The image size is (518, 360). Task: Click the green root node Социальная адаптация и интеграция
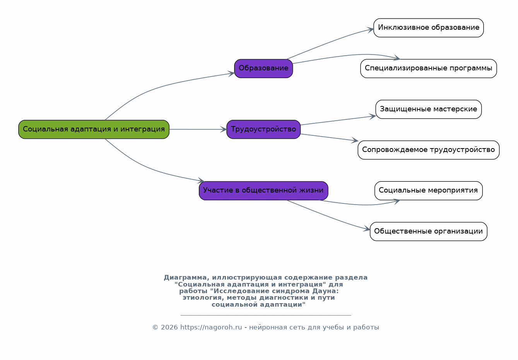pyautogui.click(x=94, y=129)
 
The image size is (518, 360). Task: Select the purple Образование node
pyautogui.click(x=263, y=68)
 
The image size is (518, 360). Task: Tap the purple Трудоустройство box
pyautogui.click(x=263, y=129)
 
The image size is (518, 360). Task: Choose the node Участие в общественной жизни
pyautogui.click(x=263, y=191)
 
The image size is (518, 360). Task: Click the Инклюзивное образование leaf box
pyautogui.click(x=429, y=28)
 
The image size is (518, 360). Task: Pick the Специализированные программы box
pyautogui.click(x=429, y=68)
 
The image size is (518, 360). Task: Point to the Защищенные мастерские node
pyautogui.click(x=429, y=109)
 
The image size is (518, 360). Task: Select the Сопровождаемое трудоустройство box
pyautogui.click(x=429, y=150)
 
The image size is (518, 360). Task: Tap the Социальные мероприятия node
pyautogui.click(x=429, y=191)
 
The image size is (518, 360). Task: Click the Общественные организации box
pyautogui.click(x=429, y=232)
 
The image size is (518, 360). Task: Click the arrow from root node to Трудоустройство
pyautogui.click(x=198, y=129)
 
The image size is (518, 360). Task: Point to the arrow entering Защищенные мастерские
pyautogui.click(x=338, y=121)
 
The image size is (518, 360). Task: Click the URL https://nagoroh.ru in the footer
pyautogui.click(x=211, y=328)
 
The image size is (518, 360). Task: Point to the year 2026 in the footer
pyautogui.click(x=169, y=328)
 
